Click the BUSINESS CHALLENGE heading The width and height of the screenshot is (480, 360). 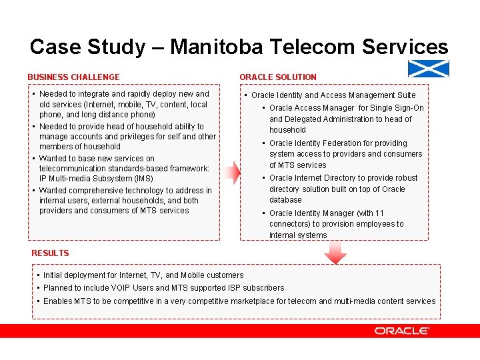click(73, 77)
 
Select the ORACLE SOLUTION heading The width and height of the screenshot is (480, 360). click(278, 77)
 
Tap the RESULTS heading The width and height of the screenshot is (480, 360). click(50, 253)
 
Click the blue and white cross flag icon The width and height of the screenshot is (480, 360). click(428, 69)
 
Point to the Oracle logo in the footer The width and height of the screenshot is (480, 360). click(402, 331)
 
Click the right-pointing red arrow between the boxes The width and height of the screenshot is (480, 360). click(230, 172)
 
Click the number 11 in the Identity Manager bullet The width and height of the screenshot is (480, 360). click(380, 213)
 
